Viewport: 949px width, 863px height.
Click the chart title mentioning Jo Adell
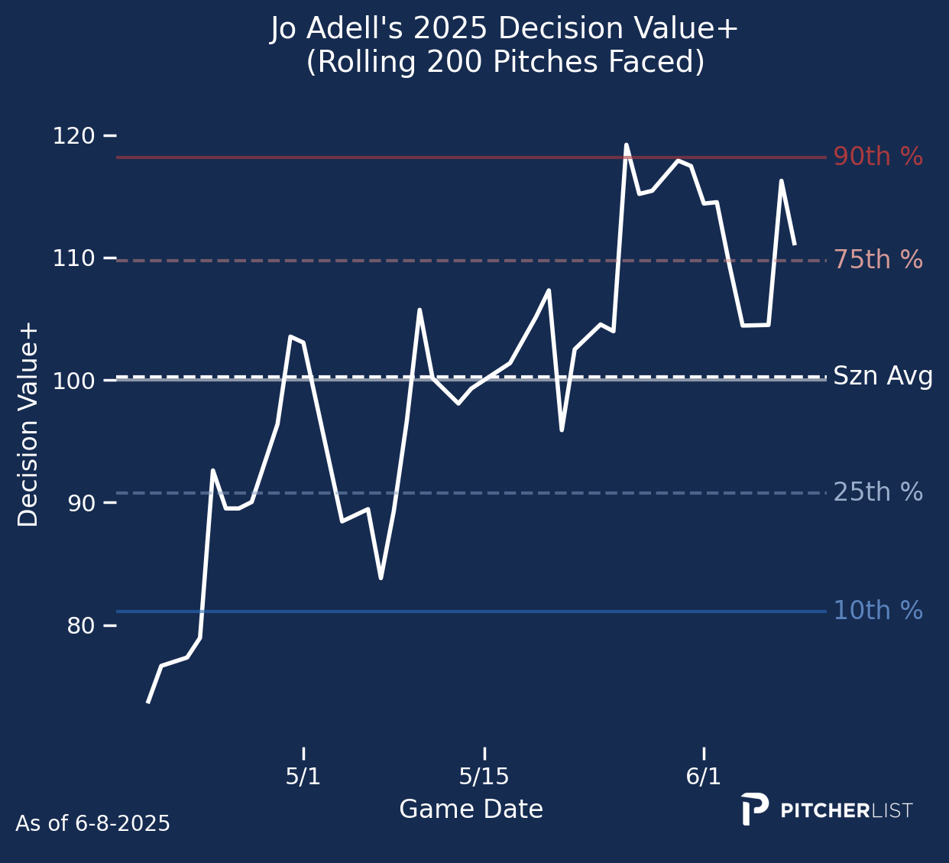tap(504, 45)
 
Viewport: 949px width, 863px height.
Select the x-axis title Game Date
tap(471, 809)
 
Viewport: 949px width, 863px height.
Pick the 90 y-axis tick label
tap(79, 504)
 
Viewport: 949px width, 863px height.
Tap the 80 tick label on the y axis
tap(79, 626)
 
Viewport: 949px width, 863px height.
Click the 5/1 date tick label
tap(303, 777)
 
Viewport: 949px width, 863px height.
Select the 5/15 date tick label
tap(484, 777)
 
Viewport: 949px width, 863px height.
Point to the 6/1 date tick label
tap(703, 777)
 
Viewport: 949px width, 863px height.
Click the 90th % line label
tap(878, 157)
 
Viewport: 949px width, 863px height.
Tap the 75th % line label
tap(878, 260)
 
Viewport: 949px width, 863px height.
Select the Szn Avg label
tap(883, 377)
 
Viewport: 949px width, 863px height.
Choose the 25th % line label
tap(878, 493)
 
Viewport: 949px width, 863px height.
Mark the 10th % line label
tap(878, 612)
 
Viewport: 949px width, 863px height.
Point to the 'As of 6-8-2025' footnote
tap(92, 824)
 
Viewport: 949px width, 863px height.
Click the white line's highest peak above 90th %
tap(627, 145)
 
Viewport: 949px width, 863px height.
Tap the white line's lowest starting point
tap(148, 701)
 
